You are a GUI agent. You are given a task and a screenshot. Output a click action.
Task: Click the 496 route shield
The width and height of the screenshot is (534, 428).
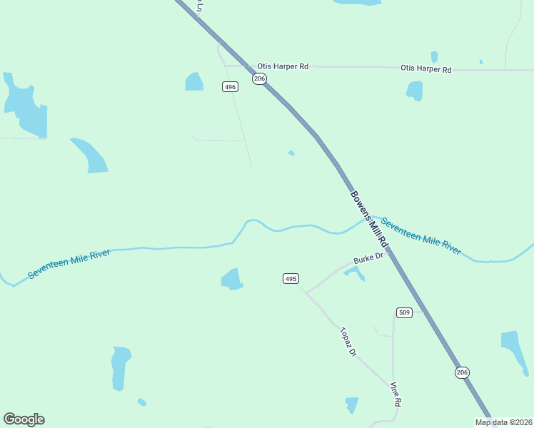(229, 86)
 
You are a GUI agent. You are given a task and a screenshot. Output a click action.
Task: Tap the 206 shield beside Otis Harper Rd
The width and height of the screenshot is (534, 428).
(259, 78)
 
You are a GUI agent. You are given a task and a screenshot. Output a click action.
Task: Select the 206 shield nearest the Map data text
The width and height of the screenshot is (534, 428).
(462, 372)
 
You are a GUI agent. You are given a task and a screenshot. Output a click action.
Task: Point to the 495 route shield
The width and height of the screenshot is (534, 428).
(290, 278)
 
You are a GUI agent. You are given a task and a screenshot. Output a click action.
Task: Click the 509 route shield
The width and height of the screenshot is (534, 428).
(404, 312)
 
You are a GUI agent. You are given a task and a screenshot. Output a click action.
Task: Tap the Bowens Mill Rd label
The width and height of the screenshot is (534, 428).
(368, 217)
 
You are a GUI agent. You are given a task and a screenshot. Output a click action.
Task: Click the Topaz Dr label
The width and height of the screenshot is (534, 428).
(347, 342)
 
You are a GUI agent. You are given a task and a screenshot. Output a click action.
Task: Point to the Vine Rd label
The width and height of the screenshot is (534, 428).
(396, 394)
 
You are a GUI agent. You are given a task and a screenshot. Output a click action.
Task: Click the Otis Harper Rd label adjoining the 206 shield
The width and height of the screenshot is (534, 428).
(283, 66)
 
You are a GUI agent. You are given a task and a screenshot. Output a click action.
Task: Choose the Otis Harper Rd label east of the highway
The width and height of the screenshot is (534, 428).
(426, 69)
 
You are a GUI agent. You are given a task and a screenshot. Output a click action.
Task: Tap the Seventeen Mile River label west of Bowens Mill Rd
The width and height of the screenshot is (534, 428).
(69, 263)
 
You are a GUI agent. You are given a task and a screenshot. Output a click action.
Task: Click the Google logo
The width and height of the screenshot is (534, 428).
(24, 419)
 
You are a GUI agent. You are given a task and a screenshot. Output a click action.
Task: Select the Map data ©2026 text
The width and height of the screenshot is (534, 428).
(503, 422)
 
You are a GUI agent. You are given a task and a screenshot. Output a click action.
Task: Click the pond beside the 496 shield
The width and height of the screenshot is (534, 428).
(194, 82)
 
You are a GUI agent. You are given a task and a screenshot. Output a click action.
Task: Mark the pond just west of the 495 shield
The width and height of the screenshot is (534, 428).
(232, 279)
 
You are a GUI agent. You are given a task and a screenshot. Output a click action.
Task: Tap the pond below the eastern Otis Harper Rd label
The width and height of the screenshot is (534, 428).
(414, 91)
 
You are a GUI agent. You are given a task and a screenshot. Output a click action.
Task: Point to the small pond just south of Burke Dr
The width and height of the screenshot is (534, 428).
(354, 272)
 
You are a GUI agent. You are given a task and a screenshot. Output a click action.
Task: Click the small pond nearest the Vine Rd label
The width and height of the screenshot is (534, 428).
(351, 404)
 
